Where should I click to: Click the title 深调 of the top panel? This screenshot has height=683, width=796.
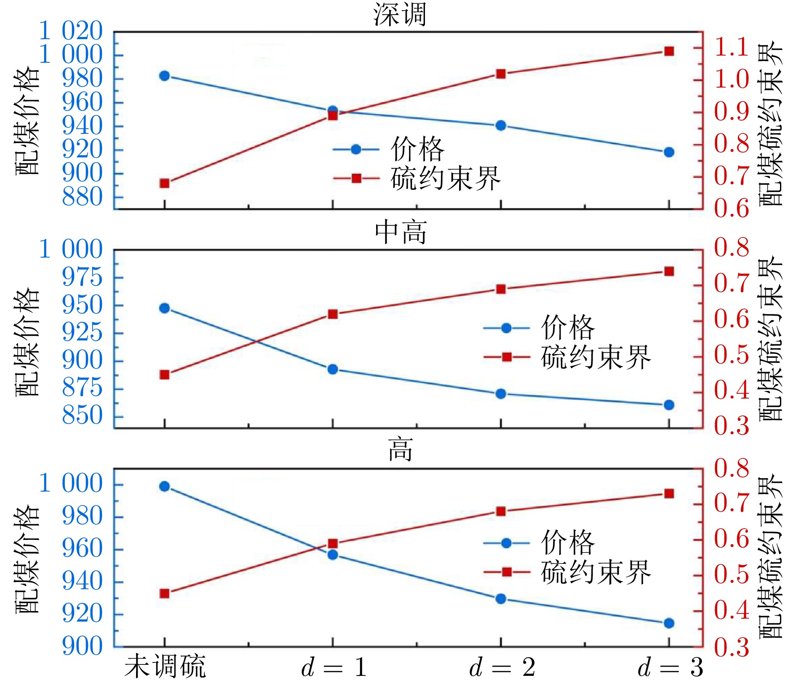click(x=399, y=15)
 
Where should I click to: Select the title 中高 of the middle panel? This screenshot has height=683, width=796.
click(x=401, y=232)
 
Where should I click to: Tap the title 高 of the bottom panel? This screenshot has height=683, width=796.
click(x=401, y=449)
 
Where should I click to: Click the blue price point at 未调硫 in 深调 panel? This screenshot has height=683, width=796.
click(x=165, y=76)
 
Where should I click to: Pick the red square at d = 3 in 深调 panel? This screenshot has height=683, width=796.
click(x=669, y=51)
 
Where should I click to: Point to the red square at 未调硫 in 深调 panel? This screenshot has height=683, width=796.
click(x=165, y=183)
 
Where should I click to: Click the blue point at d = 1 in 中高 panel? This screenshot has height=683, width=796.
click(x=333, y=369)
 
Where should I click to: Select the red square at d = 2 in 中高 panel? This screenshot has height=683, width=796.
click(x=501, y=289)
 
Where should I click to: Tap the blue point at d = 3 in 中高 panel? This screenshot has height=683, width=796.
click(x=669, y=405)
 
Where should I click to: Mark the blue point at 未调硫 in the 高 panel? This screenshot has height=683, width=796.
click(x=165, y=486)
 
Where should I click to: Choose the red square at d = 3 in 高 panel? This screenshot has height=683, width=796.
click(x=669, y=494)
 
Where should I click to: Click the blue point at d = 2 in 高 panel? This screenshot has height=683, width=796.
click(x=501, y=599)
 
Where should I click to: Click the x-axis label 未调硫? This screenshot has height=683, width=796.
click(x=165, y=667)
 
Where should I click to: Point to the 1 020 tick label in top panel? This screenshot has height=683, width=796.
click(x=71, y=31)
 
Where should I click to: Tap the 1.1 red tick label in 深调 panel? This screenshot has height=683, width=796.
click(x=732, y=47)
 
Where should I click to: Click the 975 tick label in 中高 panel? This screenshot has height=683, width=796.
click(x=82, y=277)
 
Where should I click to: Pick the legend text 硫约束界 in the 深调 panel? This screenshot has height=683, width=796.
click(x=446, y=179)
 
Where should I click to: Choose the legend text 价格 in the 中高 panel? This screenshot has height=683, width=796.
click(x=568, y=328)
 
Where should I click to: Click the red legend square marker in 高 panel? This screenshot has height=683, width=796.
click(x=507, y=572)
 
